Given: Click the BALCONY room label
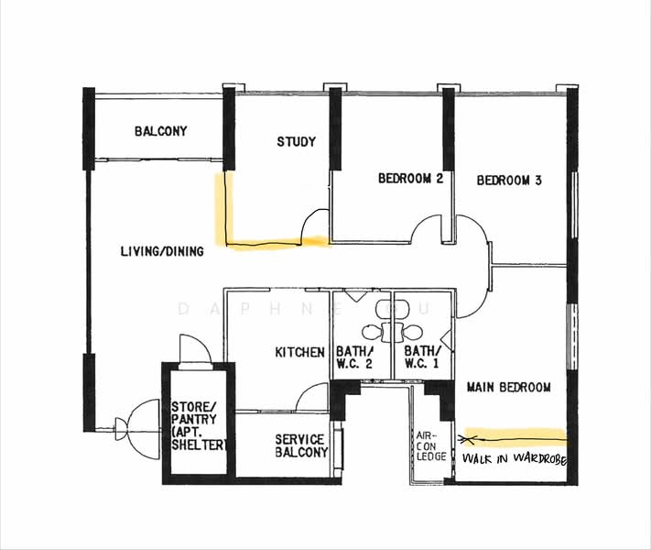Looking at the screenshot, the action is [160, 131].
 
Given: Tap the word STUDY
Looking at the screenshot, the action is [296, 142].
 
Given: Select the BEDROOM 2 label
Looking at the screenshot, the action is [410, 179].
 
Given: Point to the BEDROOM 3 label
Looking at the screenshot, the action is [509, 181].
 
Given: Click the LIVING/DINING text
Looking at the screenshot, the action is [162, 251].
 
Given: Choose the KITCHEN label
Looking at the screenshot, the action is [299, 353].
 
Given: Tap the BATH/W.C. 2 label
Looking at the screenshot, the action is [355, 357].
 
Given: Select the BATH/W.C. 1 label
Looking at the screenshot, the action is [422, 357].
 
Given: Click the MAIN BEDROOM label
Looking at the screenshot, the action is [509, 388].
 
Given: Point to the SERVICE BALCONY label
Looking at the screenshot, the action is [301, 446].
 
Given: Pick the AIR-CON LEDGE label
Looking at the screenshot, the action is [431, 446].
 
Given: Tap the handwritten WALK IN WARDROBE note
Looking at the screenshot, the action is [515, 459].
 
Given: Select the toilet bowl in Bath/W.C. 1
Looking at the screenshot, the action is [411, 333].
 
